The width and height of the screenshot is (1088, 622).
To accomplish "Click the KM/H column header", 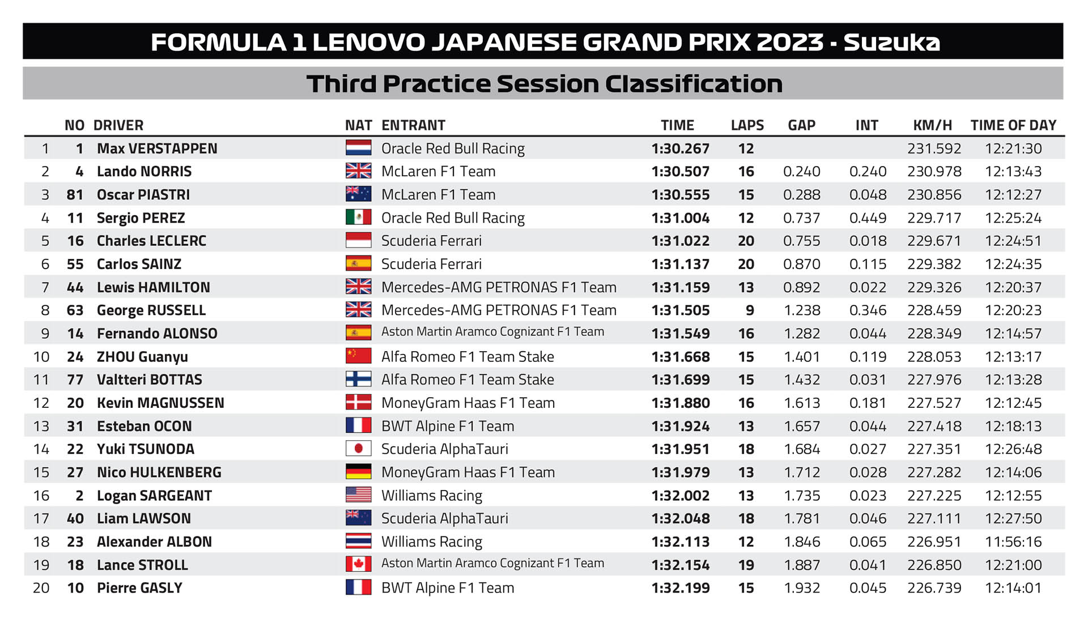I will [932, 125].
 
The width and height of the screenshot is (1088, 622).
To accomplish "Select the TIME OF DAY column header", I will [1013, 125].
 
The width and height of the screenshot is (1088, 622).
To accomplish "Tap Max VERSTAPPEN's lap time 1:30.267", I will [680, 148].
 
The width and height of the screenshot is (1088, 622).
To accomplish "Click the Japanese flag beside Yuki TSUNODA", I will [358, 449].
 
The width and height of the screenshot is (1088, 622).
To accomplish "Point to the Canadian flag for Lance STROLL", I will [358, 565].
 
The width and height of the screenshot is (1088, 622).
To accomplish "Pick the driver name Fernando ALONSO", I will [157, 334].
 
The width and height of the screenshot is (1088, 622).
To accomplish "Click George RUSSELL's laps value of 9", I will [750, 310].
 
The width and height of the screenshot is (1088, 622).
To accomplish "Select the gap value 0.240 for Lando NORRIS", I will [801, 172].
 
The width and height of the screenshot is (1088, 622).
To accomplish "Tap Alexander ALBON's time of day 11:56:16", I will [1013, 542].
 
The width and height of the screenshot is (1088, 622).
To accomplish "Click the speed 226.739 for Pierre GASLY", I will [934, 588].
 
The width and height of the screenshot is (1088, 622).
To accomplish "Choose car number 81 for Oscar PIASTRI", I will [75, 195].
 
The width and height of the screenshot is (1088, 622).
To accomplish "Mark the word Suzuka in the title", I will [891, 42].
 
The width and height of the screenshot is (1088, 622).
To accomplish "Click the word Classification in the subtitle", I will [694, 84].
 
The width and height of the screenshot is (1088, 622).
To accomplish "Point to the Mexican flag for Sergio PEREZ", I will [358, 218].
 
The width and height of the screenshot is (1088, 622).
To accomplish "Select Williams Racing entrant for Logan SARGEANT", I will [431, 496].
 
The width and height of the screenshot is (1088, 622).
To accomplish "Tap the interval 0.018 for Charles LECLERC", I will [868, 241].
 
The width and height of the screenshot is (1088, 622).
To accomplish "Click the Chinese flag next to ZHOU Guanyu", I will [358, 356].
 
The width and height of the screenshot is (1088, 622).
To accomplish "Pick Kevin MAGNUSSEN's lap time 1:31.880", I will [680, 403].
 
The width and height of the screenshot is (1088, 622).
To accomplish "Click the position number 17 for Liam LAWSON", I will [41, 519].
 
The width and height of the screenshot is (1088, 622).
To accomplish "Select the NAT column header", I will [358, 125].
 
